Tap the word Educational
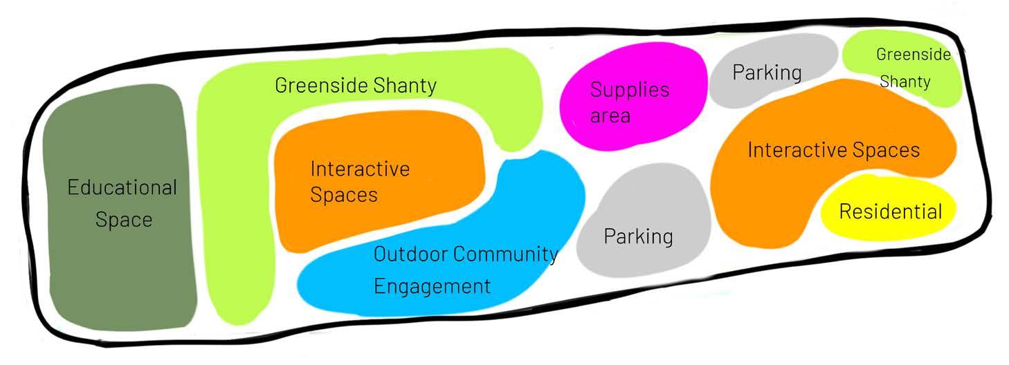point(122,188)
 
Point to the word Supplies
point(629,90)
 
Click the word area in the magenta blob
point(610,115)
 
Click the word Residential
point(891,211)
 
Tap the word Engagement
point(432,286)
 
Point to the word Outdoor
point(410,254)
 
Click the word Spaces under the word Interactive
point(344,195)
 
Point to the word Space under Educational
point(123,220)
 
